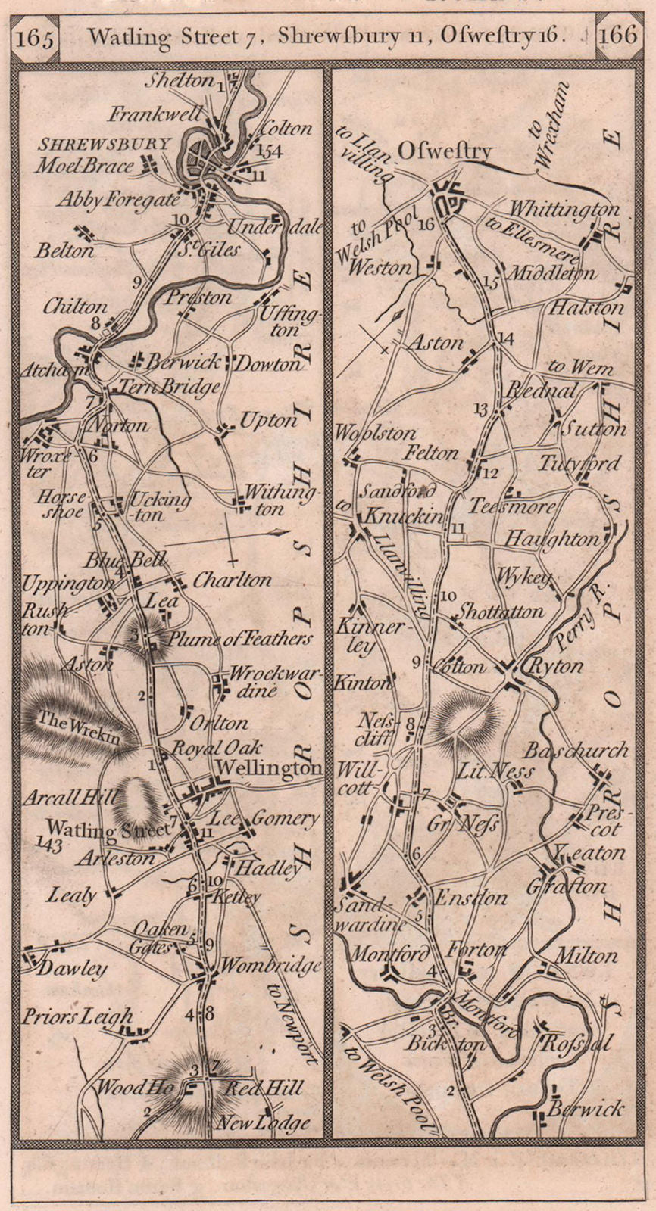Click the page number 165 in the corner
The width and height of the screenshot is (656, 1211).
[x=36, y=39]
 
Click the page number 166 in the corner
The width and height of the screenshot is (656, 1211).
[x=618, y=37]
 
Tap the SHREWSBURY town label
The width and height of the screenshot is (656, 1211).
[x=104, y=144]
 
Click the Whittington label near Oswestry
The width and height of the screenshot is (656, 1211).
[x=564, y=208]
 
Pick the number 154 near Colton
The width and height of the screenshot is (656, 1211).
[x=269, y=151]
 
